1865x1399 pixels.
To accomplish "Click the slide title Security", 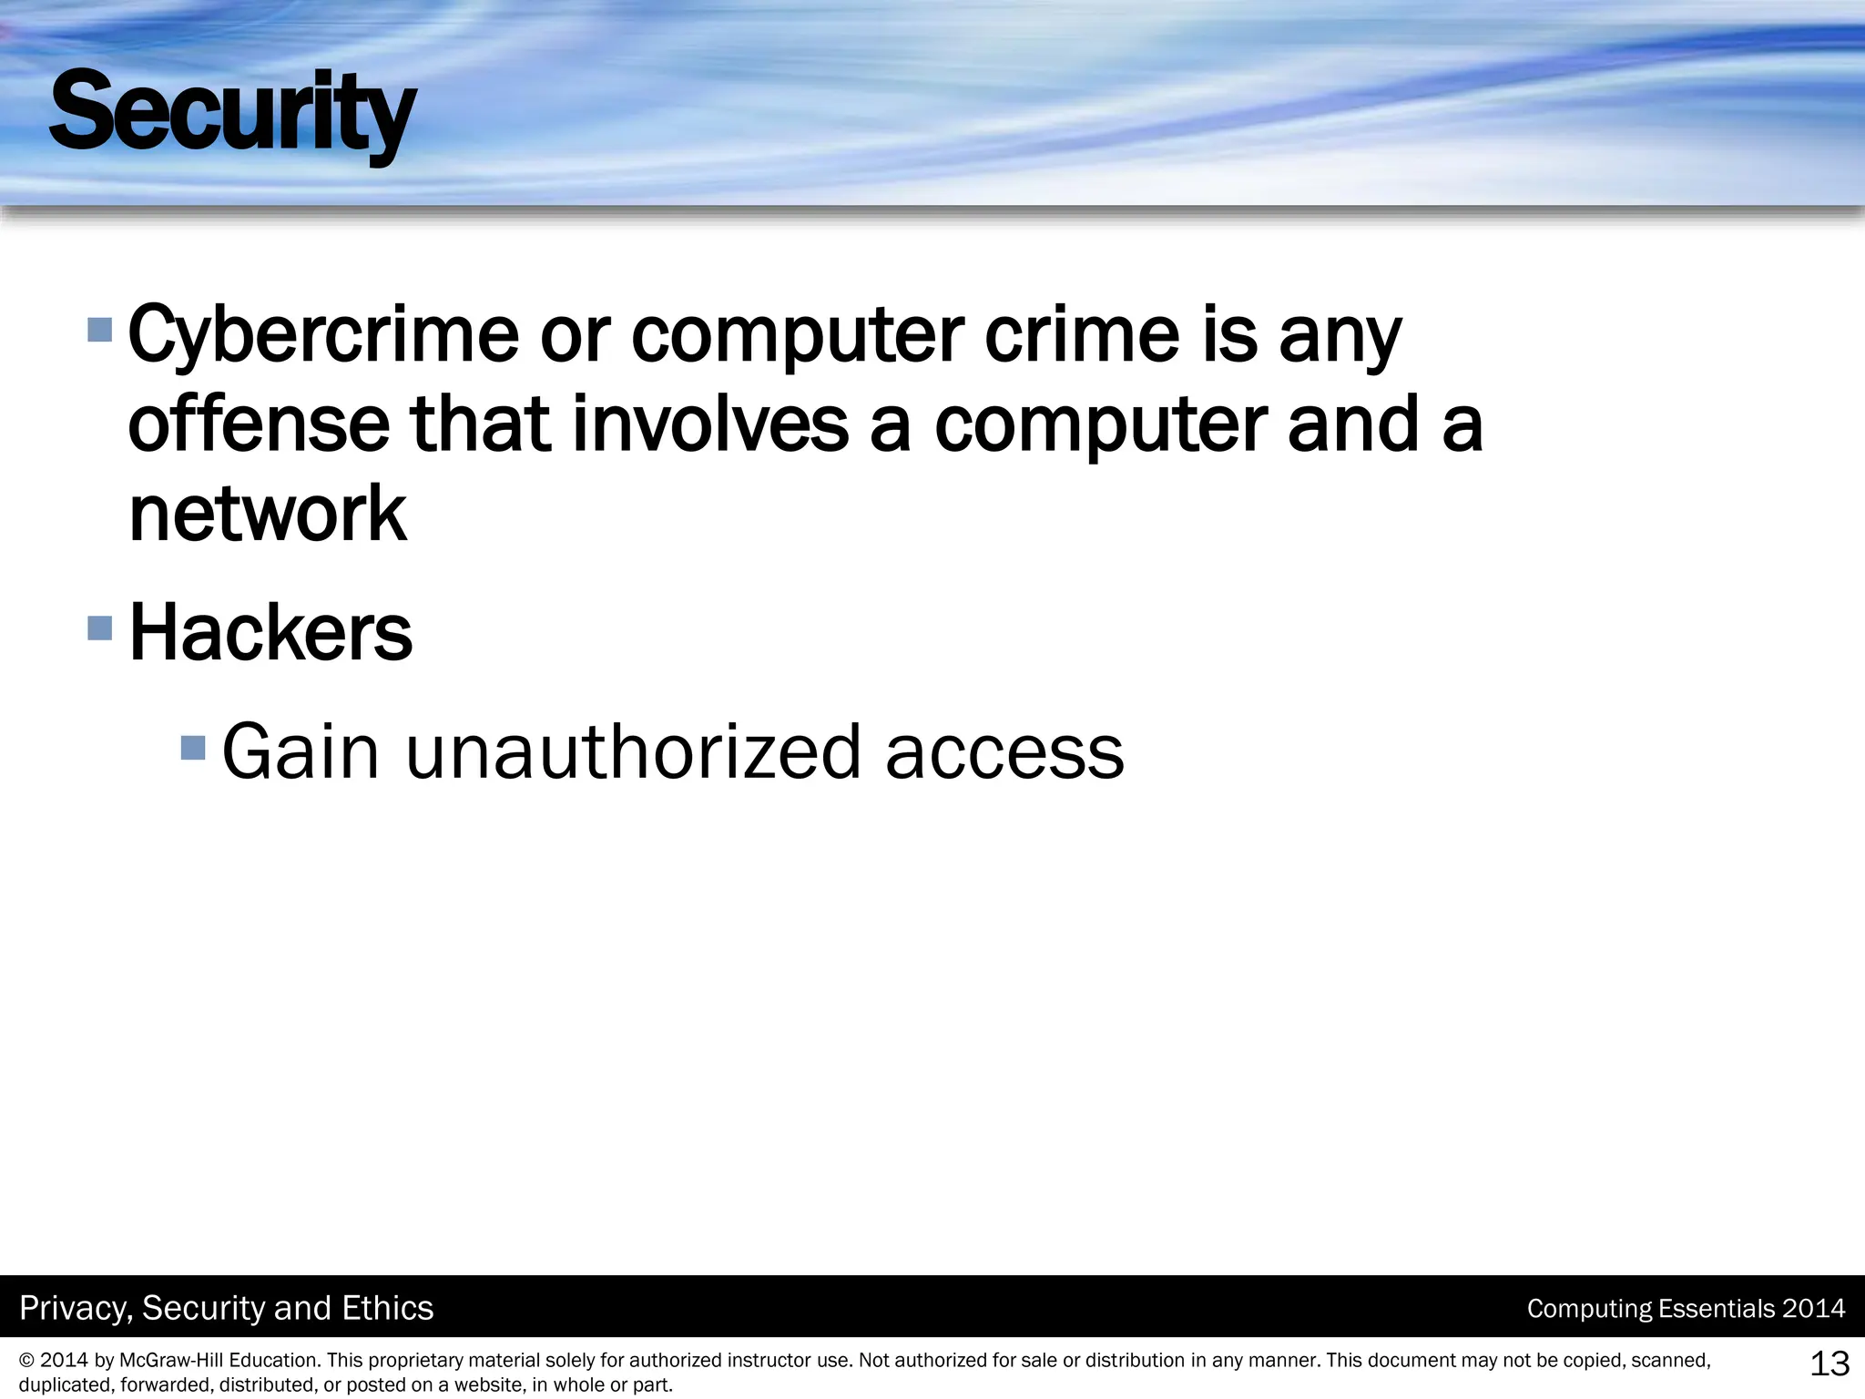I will coord(232,114).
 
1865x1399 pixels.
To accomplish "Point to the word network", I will coord(268,514).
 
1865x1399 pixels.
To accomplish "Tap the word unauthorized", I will coord(633,752).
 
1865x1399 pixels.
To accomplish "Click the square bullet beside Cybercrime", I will coord(99,329).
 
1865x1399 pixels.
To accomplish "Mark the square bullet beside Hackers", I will coord(99,628).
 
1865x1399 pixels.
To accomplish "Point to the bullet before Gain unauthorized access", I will coord(193,748).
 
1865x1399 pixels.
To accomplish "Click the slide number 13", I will coord(1829,1363).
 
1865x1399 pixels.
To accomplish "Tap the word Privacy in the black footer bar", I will coord(76,1308).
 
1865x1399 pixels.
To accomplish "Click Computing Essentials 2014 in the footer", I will coord(1686,1309).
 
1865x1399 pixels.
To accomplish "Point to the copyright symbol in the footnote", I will coord(26,1361).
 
